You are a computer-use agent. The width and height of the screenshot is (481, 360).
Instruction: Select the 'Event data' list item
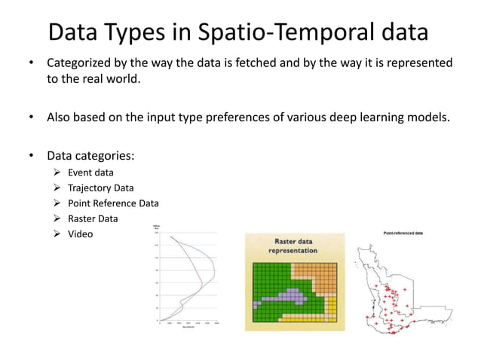coord(90,172)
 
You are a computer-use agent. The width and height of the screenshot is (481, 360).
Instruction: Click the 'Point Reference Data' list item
coord(113,203)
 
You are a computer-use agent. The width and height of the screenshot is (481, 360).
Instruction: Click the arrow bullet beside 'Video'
coord(57,234)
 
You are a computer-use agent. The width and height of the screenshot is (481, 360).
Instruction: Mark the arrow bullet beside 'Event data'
coord(57,172)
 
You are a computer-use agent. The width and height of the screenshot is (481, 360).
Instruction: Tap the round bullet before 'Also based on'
coord(32,117)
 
